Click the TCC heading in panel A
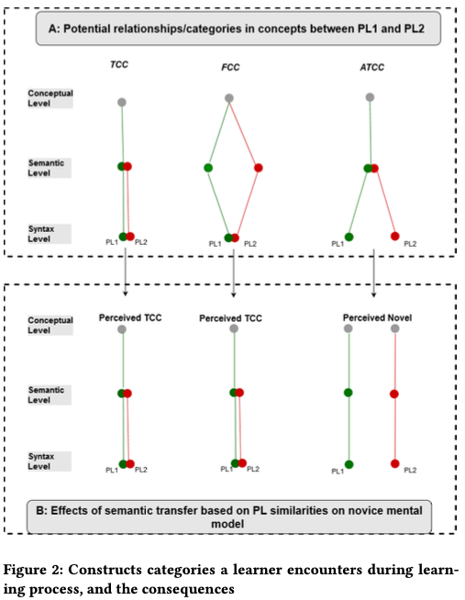(x=119, y=64)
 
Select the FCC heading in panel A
(x=230, y=67)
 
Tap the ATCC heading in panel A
(x=372, y=67)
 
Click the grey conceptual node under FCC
(x=229, y=98)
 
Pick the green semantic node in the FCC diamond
(x=208, y=168)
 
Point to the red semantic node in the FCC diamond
(x=259, y=168)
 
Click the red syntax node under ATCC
(x=395, y=236)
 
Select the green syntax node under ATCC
(x=349, y=237)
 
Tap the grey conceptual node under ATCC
(x=370, y=97)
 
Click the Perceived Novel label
(x=377, y=317)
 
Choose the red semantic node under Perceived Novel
(x=394, y=394)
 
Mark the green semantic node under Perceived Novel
(x=348, y=393)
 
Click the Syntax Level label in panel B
(x=41, y=461)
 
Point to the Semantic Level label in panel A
(x=46, y=168)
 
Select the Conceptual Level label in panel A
(x=50, y=98)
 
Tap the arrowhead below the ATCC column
(x=373, y=295)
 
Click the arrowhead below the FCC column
(x=234, y=295)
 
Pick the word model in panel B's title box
(x=227, y=524)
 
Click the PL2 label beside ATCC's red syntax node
(x=410, y=244)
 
